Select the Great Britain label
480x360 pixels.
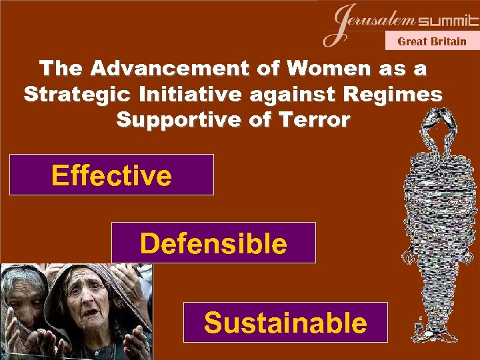[432, 41]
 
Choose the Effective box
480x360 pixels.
[111, 175]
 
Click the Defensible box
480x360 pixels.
[213, 243]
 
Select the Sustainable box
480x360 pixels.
[285, 323]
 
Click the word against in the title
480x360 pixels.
[288, 95]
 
